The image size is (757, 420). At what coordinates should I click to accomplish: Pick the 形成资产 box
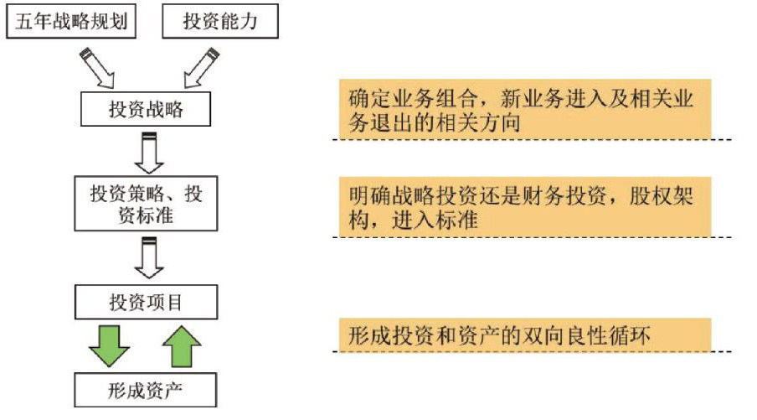(x=146, y=390)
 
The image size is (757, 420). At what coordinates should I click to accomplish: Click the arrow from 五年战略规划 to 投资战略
(x=99, y=67)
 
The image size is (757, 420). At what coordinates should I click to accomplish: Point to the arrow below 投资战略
(x=149, y=153)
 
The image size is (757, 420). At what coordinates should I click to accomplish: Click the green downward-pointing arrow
(x=109, y=345)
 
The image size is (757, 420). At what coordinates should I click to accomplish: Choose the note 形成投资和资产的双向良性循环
(x=524, y=334)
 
